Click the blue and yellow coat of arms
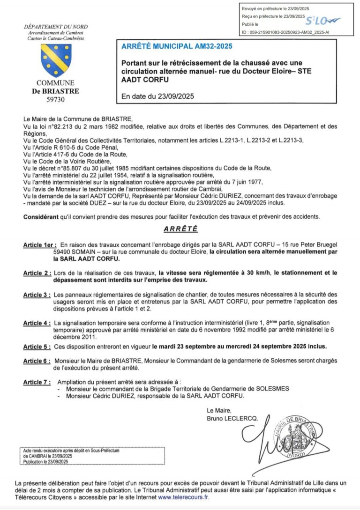(56, 60)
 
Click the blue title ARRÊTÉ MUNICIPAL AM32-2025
(176, 46)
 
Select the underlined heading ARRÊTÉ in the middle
(180, 229)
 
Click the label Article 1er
(40, 245)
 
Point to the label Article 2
(37, 273)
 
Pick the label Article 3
(37, 295)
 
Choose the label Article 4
(37, 323)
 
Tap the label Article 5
(37, 347)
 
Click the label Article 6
(37, 361)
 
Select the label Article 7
(37, 383)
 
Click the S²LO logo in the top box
(323, 21)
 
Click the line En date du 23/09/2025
(157, 97)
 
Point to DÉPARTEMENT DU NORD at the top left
(56, 27)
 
